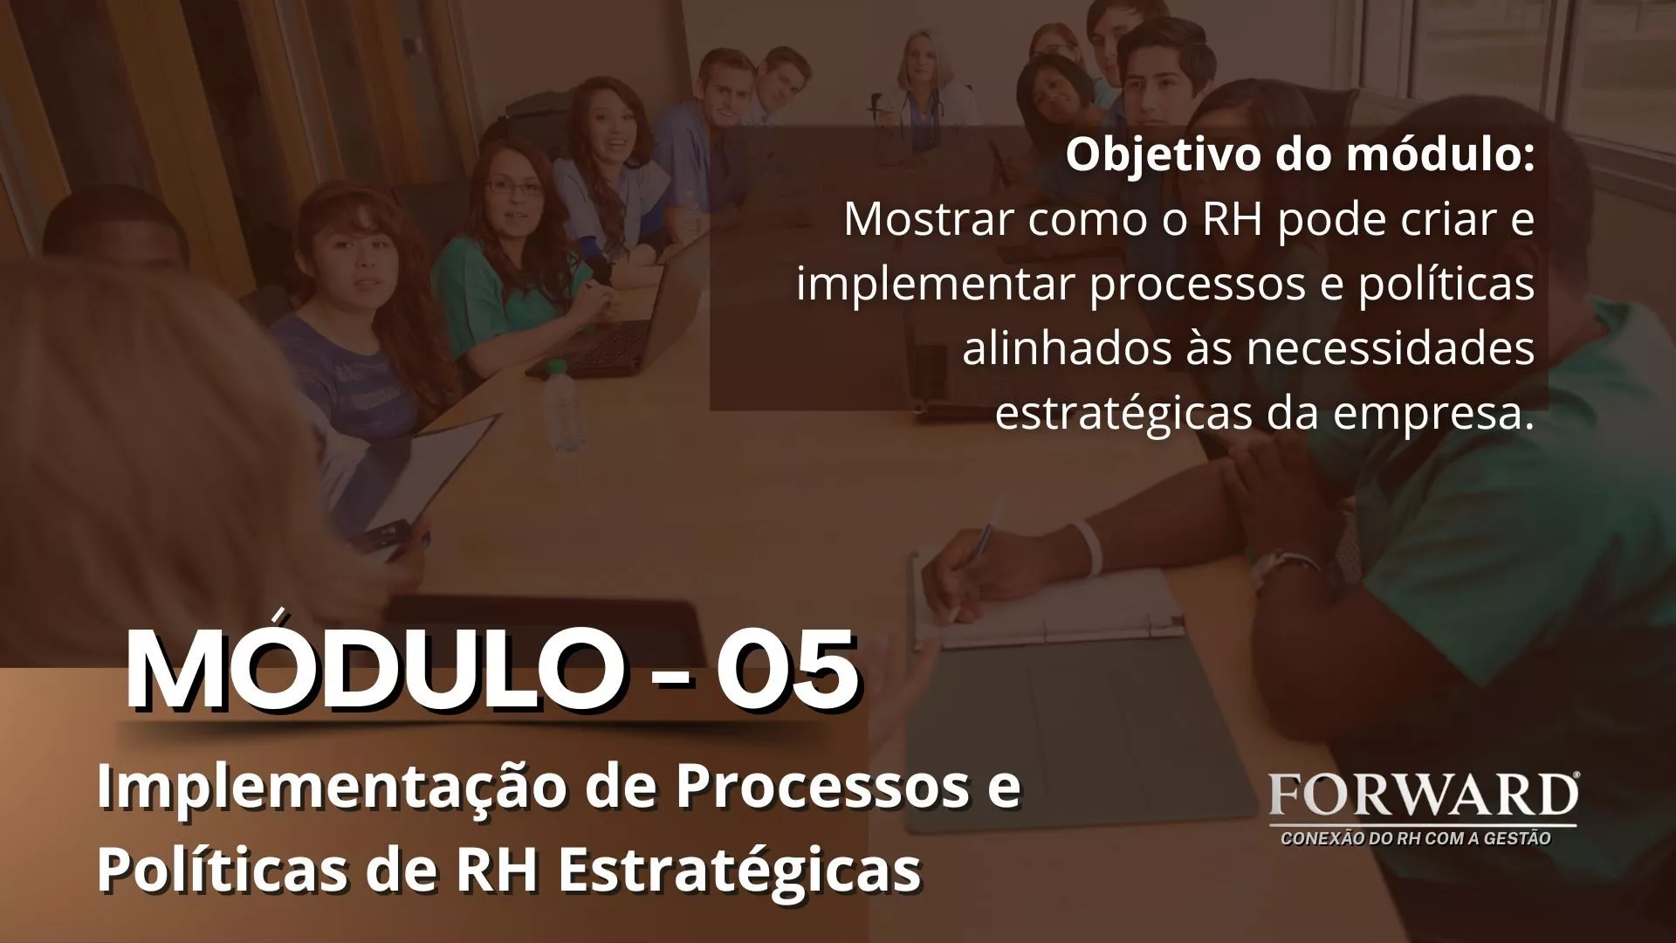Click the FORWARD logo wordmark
point(1423,795)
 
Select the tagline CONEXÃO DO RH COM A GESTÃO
point(1415,839)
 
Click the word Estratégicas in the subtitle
point(739,870)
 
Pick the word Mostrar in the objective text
point(930,218)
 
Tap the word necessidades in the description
point(1390,348)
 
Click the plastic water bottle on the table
point(564,406)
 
